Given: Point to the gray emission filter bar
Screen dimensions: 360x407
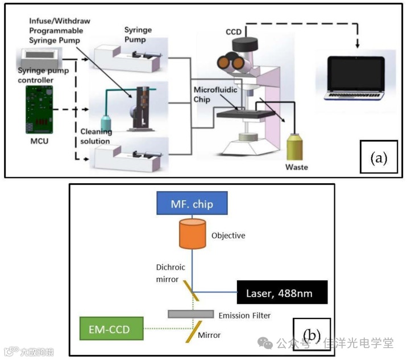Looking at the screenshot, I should [190, 314].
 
